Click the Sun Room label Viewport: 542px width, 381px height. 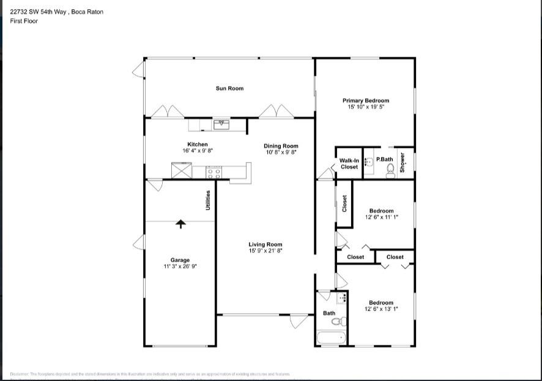229,89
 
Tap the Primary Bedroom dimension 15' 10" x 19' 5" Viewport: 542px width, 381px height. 365,107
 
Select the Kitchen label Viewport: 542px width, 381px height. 197,144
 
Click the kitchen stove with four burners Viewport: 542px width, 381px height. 213,172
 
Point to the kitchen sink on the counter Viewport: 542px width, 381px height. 221,125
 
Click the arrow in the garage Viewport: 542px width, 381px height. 180,224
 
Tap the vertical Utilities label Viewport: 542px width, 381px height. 208,201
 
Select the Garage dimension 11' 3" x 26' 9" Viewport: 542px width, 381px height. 180,267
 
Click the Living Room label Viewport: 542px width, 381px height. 265,245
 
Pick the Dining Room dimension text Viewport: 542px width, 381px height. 281,152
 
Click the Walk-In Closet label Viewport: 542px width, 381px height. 349,163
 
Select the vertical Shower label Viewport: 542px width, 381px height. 403,163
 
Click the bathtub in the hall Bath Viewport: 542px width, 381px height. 331,338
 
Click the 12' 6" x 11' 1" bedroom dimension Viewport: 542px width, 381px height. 382,217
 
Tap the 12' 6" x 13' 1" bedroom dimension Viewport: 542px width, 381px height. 381,309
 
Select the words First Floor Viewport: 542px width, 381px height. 24,21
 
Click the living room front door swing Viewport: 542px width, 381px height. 299,321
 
